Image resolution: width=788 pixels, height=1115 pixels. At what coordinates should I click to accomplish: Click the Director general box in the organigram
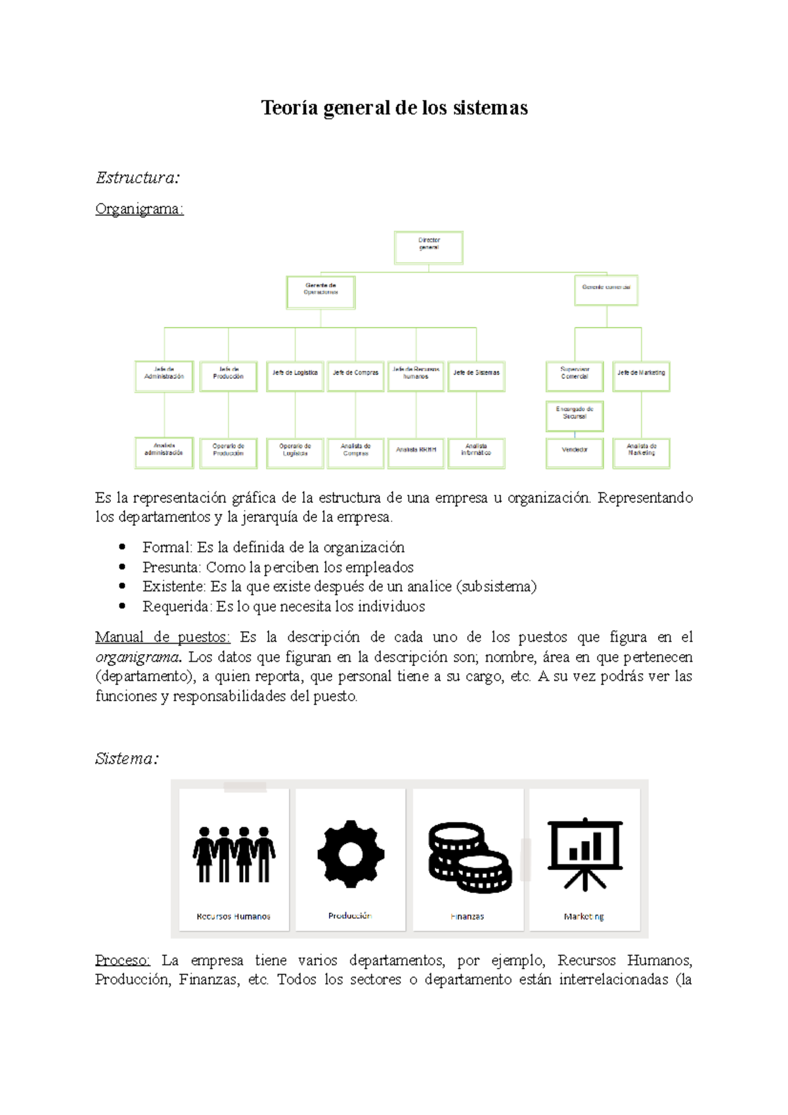point(429,248)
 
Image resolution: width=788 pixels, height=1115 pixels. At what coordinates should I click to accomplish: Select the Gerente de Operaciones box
point(320,292)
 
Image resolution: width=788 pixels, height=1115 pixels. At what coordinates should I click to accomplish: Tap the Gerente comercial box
point(606,290)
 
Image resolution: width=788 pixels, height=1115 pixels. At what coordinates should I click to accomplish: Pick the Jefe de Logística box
point(295,376)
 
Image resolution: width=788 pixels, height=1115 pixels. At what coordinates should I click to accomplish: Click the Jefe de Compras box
point(355,376)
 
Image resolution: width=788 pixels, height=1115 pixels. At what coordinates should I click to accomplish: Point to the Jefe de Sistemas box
point(476,376)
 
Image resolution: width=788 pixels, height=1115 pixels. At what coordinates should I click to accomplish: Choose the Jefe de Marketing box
point(641,376)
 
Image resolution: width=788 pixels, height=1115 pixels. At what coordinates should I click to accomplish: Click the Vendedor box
point(575,452)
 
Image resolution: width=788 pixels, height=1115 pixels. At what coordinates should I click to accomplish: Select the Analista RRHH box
point(416,452)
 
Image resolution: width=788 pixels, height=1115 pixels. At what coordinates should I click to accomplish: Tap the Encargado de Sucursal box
point(575,416)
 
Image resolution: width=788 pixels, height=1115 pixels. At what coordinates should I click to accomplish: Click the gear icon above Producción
point(351,854)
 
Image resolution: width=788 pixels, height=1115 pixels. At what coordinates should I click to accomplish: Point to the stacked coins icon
point(469,857)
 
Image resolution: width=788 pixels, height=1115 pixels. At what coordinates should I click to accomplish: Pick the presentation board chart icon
point(584,854)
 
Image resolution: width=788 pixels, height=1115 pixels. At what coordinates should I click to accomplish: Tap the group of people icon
point(234,854)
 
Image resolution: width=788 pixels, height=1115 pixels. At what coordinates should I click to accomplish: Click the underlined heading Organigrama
point(139,209)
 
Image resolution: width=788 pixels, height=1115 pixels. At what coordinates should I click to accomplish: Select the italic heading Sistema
point(126,758)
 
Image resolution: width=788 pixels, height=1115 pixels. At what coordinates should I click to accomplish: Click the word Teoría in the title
point(289,108)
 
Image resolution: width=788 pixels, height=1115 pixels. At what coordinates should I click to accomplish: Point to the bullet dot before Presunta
point(122,566)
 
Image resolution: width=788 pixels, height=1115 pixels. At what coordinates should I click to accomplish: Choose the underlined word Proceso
point(122,960)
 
